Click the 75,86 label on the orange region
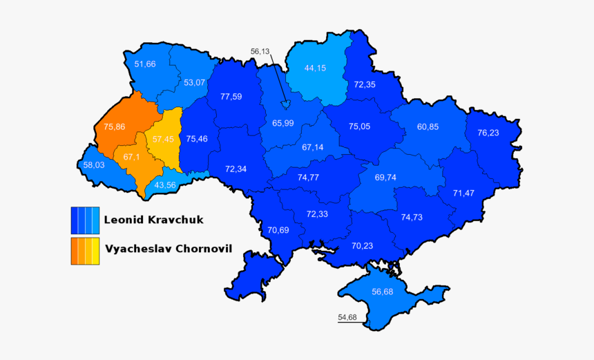114,127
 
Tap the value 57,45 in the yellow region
163,139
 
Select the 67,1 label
132,157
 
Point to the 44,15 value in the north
315,68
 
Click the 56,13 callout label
260,51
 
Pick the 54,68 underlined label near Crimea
347,318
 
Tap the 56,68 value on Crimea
382,292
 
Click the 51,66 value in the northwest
145,64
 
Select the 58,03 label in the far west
93,165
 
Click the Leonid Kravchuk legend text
153,220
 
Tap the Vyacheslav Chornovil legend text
168,249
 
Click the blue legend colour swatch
85,220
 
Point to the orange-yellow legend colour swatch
85,251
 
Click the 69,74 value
385,178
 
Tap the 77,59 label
231,97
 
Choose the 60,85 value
428,126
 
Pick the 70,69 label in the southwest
278,230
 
